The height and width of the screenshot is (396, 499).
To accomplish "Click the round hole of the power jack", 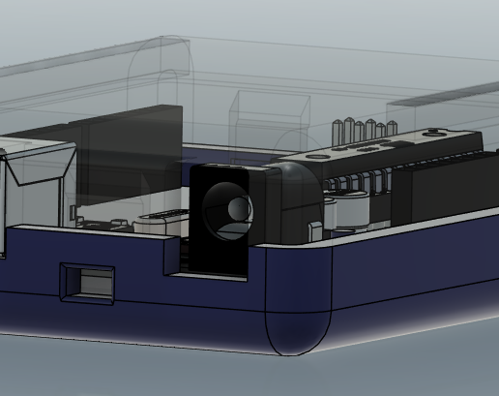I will click(x=236, y=209).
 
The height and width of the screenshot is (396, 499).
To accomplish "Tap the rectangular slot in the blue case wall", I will click(x=88, y=282).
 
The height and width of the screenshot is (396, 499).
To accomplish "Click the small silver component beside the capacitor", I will click(x=314, y=230).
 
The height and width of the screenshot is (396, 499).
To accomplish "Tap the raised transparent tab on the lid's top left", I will click(x=155, y=58).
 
